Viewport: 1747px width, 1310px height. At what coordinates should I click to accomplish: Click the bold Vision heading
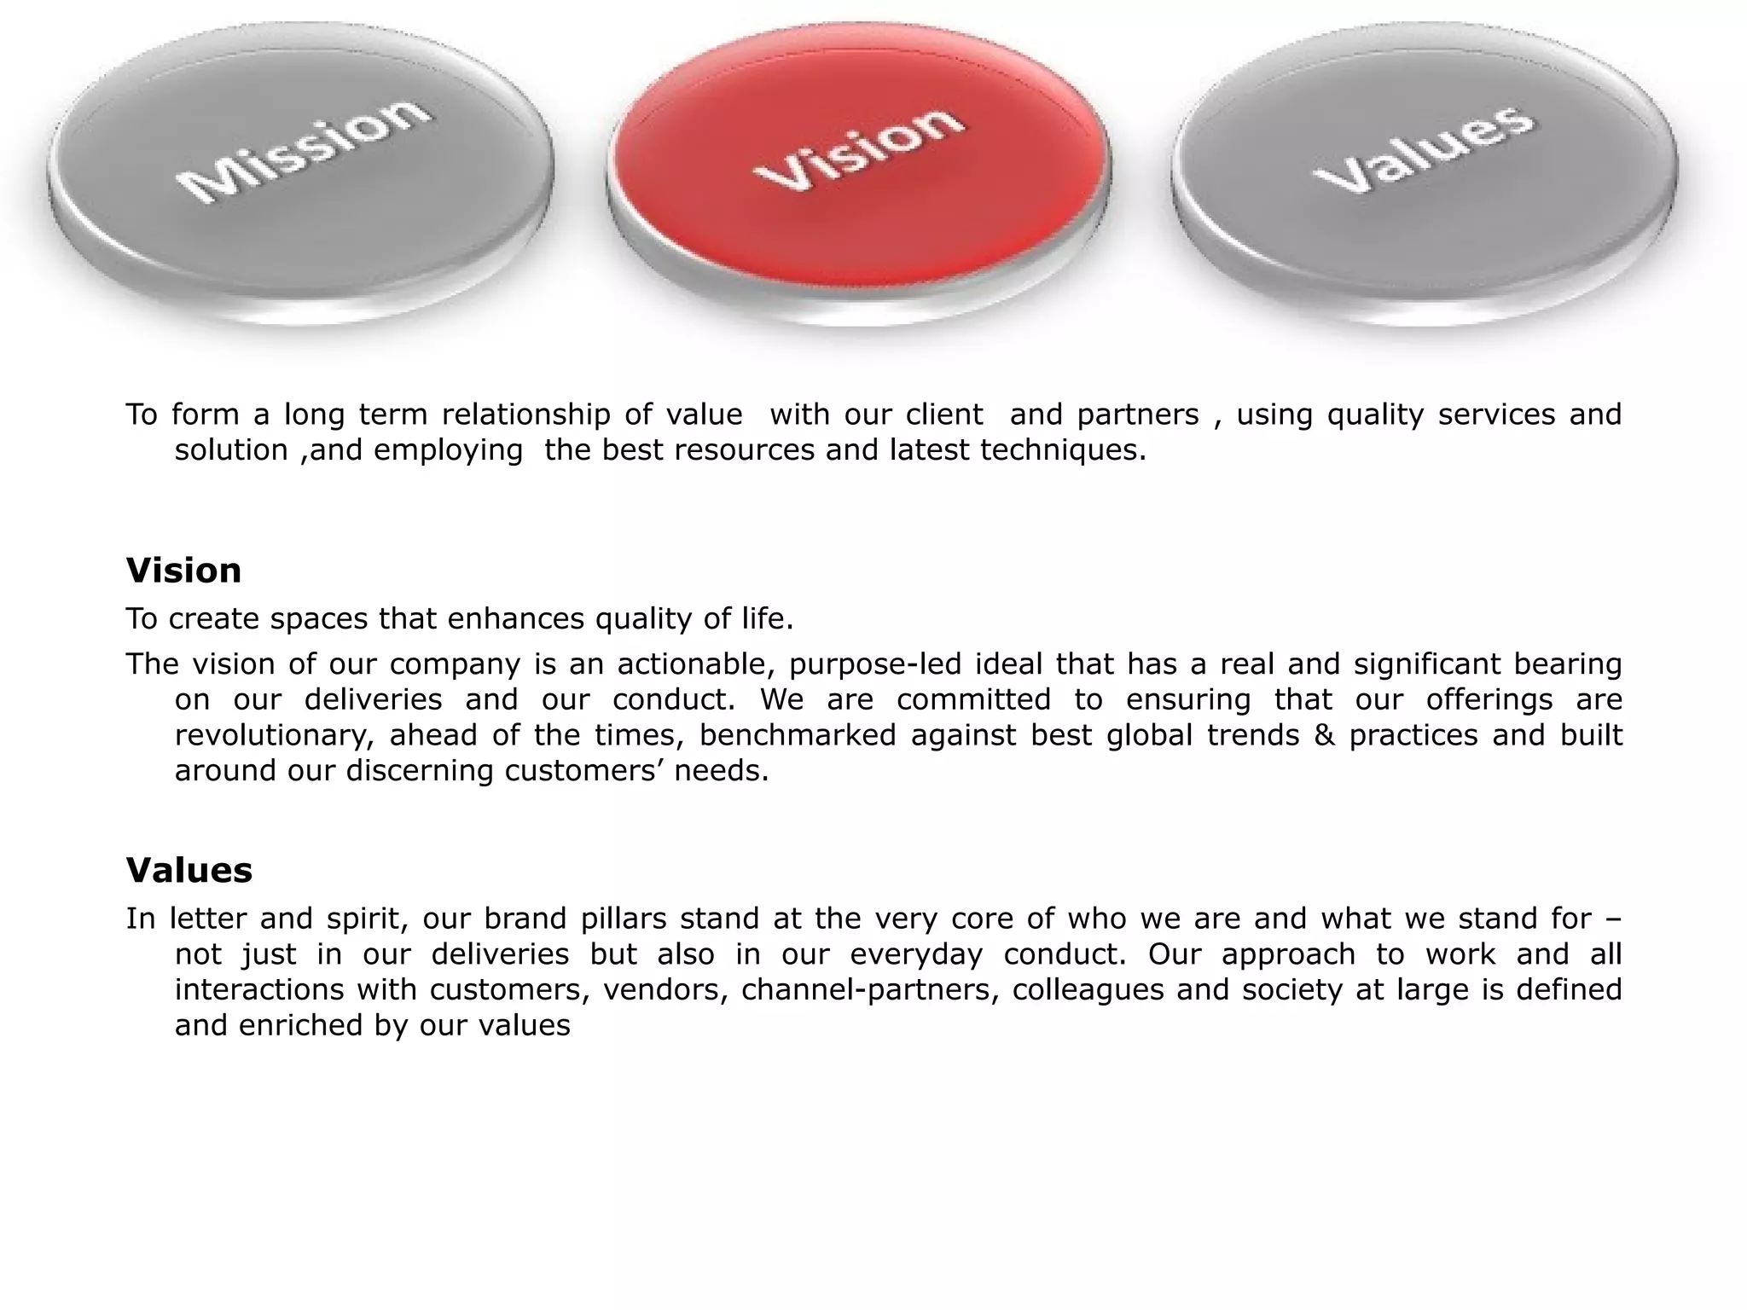click(x=183, y=571)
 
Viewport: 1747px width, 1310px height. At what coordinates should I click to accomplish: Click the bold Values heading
click(x=189, y=871)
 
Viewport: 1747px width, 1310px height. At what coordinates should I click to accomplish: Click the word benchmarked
click(x=798, y=735)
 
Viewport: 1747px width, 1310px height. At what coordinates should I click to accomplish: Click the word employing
click(x=449, y=450)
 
